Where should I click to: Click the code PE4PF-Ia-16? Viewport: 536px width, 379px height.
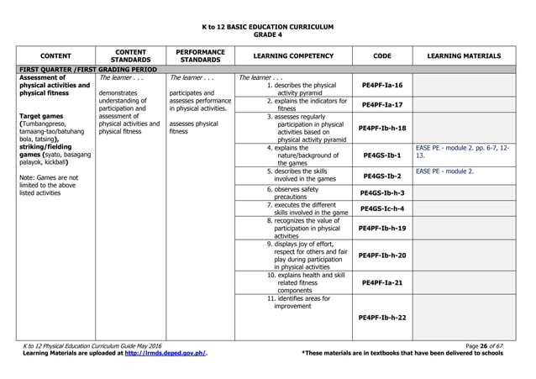click(381, 86)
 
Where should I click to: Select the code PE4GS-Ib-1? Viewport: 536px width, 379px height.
click(381, 155)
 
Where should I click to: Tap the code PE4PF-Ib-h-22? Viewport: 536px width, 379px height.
click(381, 318)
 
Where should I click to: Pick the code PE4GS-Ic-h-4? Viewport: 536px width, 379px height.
click(381, 208)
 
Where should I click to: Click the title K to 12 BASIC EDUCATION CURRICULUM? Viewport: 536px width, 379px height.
click(267, 24)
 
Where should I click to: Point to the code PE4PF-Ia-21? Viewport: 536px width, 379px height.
click(381, 282)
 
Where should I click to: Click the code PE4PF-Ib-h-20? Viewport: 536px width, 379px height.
click(381, 255)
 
